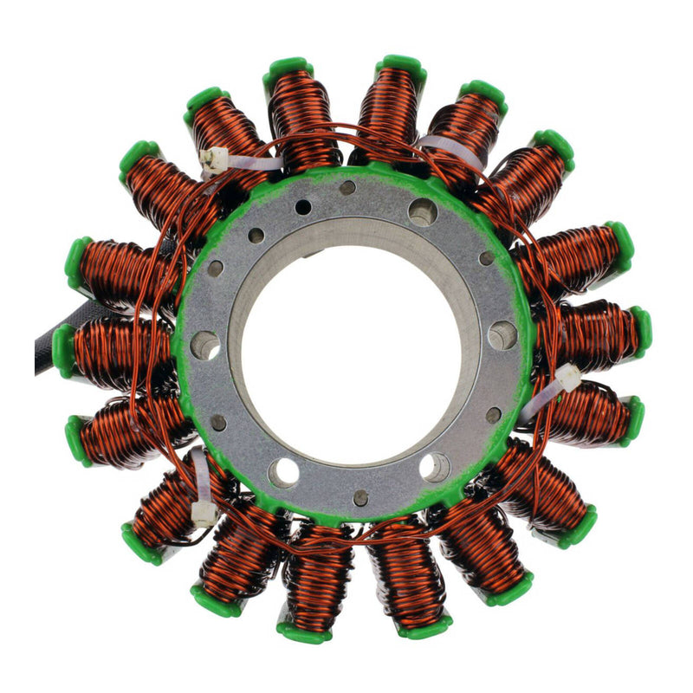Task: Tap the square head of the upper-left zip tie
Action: pyautogui.click(x=212, y=159)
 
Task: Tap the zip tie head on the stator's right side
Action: pyautogui.click(x=567, y=377)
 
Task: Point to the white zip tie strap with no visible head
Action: pyautogui.click(x=450, y=149)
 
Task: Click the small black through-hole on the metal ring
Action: pyautogui.click(x=302, y=207)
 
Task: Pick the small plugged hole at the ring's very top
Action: pyautogui.click(x=347, y=187)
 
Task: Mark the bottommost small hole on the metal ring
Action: pyautogui.click(x=360, y=497)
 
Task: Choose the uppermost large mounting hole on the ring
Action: pyautogui.click(x=423, y=212)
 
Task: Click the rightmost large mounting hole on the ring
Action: pyautogui.click(x=502, y=335)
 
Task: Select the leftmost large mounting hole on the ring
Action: pyautogui.click(x=205, y=345)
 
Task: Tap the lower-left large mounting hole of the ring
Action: pyautogui.click(x=282, y=472)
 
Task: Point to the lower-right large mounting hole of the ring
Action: pyautogui.click(x=435, y=467)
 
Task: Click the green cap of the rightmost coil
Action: pyautogui.click(x=641, y=331)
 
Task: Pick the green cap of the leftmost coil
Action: pyautogui.click(x=62, y=350)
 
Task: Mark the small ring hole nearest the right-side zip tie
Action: pyautogui.click(x=493, y=415)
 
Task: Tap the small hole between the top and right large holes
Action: pyautogui.click(x=486, y=258)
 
